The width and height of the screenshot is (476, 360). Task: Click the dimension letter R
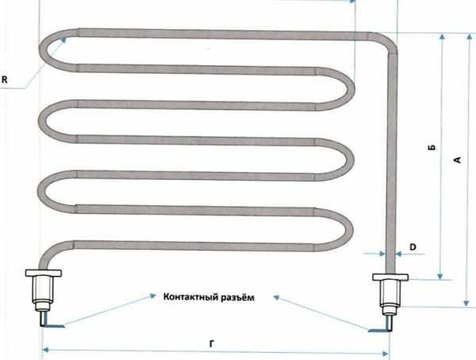[4, 80]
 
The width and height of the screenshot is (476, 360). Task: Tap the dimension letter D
[413, 247]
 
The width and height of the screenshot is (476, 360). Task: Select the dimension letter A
[458, 159]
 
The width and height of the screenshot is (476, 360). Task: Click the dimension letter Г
[212, 343]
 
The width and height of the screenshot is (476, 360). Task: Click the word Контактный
[186, 297]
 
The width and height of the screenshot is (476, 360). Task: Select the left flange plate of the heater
[44, 273]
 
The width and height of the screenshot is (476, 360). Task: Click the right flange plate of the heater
[390, 277]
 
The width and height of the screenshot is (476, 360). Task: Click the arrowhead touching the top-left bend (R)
[63, 40]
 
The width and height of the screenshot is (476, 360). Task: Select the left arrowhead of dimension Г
[45, 350]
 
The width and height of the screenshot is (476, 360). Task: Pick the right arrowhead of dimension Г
[385, 354]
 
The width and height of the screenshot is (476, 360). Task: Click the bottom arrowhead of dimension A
[466, 303]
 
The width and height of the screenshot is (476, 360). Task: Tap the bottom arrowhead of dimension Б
[440, 276]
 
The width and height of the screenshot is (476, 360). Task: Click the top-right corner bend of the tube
[387, 41]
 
